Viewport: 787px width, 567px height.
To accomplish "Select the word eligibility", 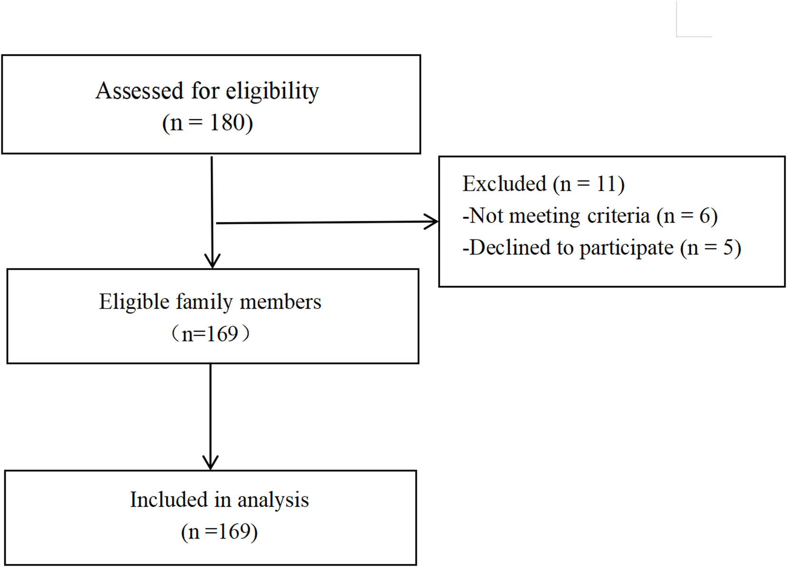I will tap(272, 91).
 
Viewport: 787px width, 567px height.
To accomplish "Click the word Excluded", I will tap(504, 184).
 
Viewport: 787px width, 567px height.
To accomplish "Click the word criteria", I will tap(618, 216).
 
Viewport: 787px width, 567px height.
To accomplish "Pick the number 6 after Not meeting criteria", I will tap(705, 216).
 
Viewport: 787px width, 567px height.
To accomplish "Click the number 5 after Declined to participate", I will tap(728, 248).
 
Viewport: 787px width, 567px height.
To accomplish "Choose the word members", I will tap(280, 302).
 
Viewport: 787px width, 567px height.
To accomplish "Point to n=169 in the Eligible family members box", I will tap(210, 334).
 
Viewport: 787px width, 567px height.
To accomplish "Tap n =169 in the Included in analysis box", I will tap(219, 532).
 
